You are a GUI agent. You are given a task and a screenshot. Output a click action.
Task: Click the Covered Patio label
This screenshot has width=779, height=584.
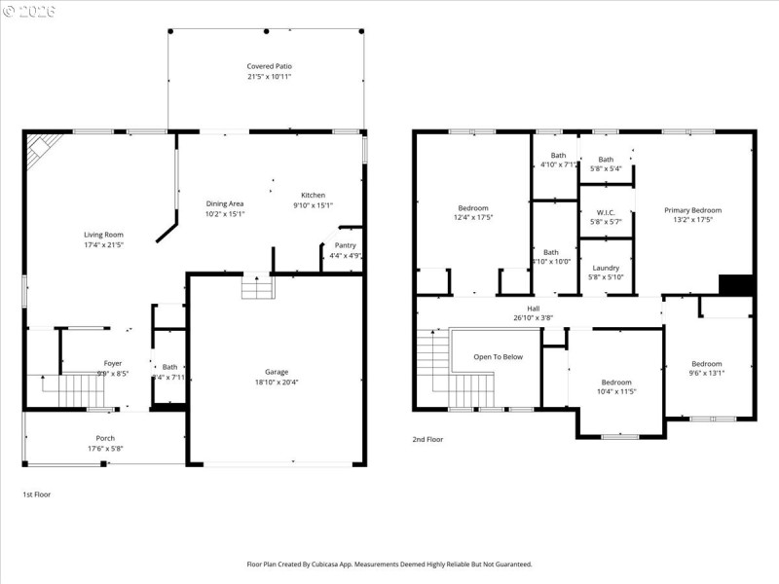tap(268, 66)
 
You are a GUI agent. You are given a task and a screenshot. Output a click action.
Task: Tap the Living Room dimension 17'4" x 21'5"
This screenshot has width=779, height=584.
tap(103, 243)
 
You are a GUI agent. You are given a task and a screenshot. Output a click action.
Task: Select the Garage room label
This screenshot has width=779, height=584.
tap(277, 371)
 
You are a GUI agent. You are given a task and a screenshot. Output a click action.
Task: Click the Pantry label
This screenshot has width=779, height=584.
tap(345, 245)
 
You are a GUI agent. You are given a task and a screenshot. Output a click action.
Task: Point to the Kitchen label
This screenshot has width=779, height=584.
tap(313, 195)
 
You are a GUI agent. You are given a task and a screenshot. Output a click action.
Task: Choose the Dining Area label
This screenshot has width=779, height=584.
tap(224, 203)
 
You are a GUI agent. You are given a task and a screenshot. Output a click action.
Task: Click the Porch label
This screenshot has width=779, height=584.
tap(105, 438)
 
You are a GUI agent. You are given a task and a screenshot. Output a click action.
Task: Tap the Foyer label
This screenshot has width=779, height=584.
tap(113, 363)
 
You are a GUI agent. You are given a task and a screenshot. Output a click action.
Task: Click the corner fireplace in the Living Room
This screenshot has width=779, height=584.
tap(43, 150)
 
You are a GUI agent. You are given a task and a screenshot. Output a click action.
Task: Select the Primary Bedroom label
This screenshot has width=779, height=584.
tap(692, 210)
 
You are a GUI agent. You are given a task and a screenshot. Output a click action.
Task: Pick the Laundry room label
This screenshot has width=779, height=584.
tap(606, 267)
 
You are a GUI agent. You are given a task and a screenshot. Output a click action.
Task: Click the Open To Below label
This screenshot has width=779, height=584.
tap(499, 356)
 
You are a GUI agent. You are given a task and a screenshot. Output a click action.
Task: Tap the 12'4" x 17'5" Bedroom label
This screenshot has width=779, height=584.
tap(473, 207)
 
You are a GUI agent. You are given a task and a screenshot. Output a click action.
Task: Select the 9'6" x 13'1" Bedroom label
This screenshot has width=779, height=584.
tap(706, 363)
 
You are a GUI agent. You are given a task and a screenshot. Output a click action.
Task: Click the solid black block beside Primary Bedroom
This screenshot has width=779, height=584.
tap(736, 284)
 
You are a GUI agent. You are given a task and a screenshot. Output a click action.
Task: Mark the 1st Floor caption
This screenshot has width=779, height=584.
tap(37, 494)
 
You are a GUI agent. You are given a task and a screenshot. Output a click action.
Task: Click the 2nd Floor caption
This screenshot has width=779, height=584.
tap(427, 439)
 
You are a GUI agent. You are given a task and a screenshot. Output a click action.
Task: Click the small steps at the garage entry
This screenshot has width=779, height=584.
tap(258, 288)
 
